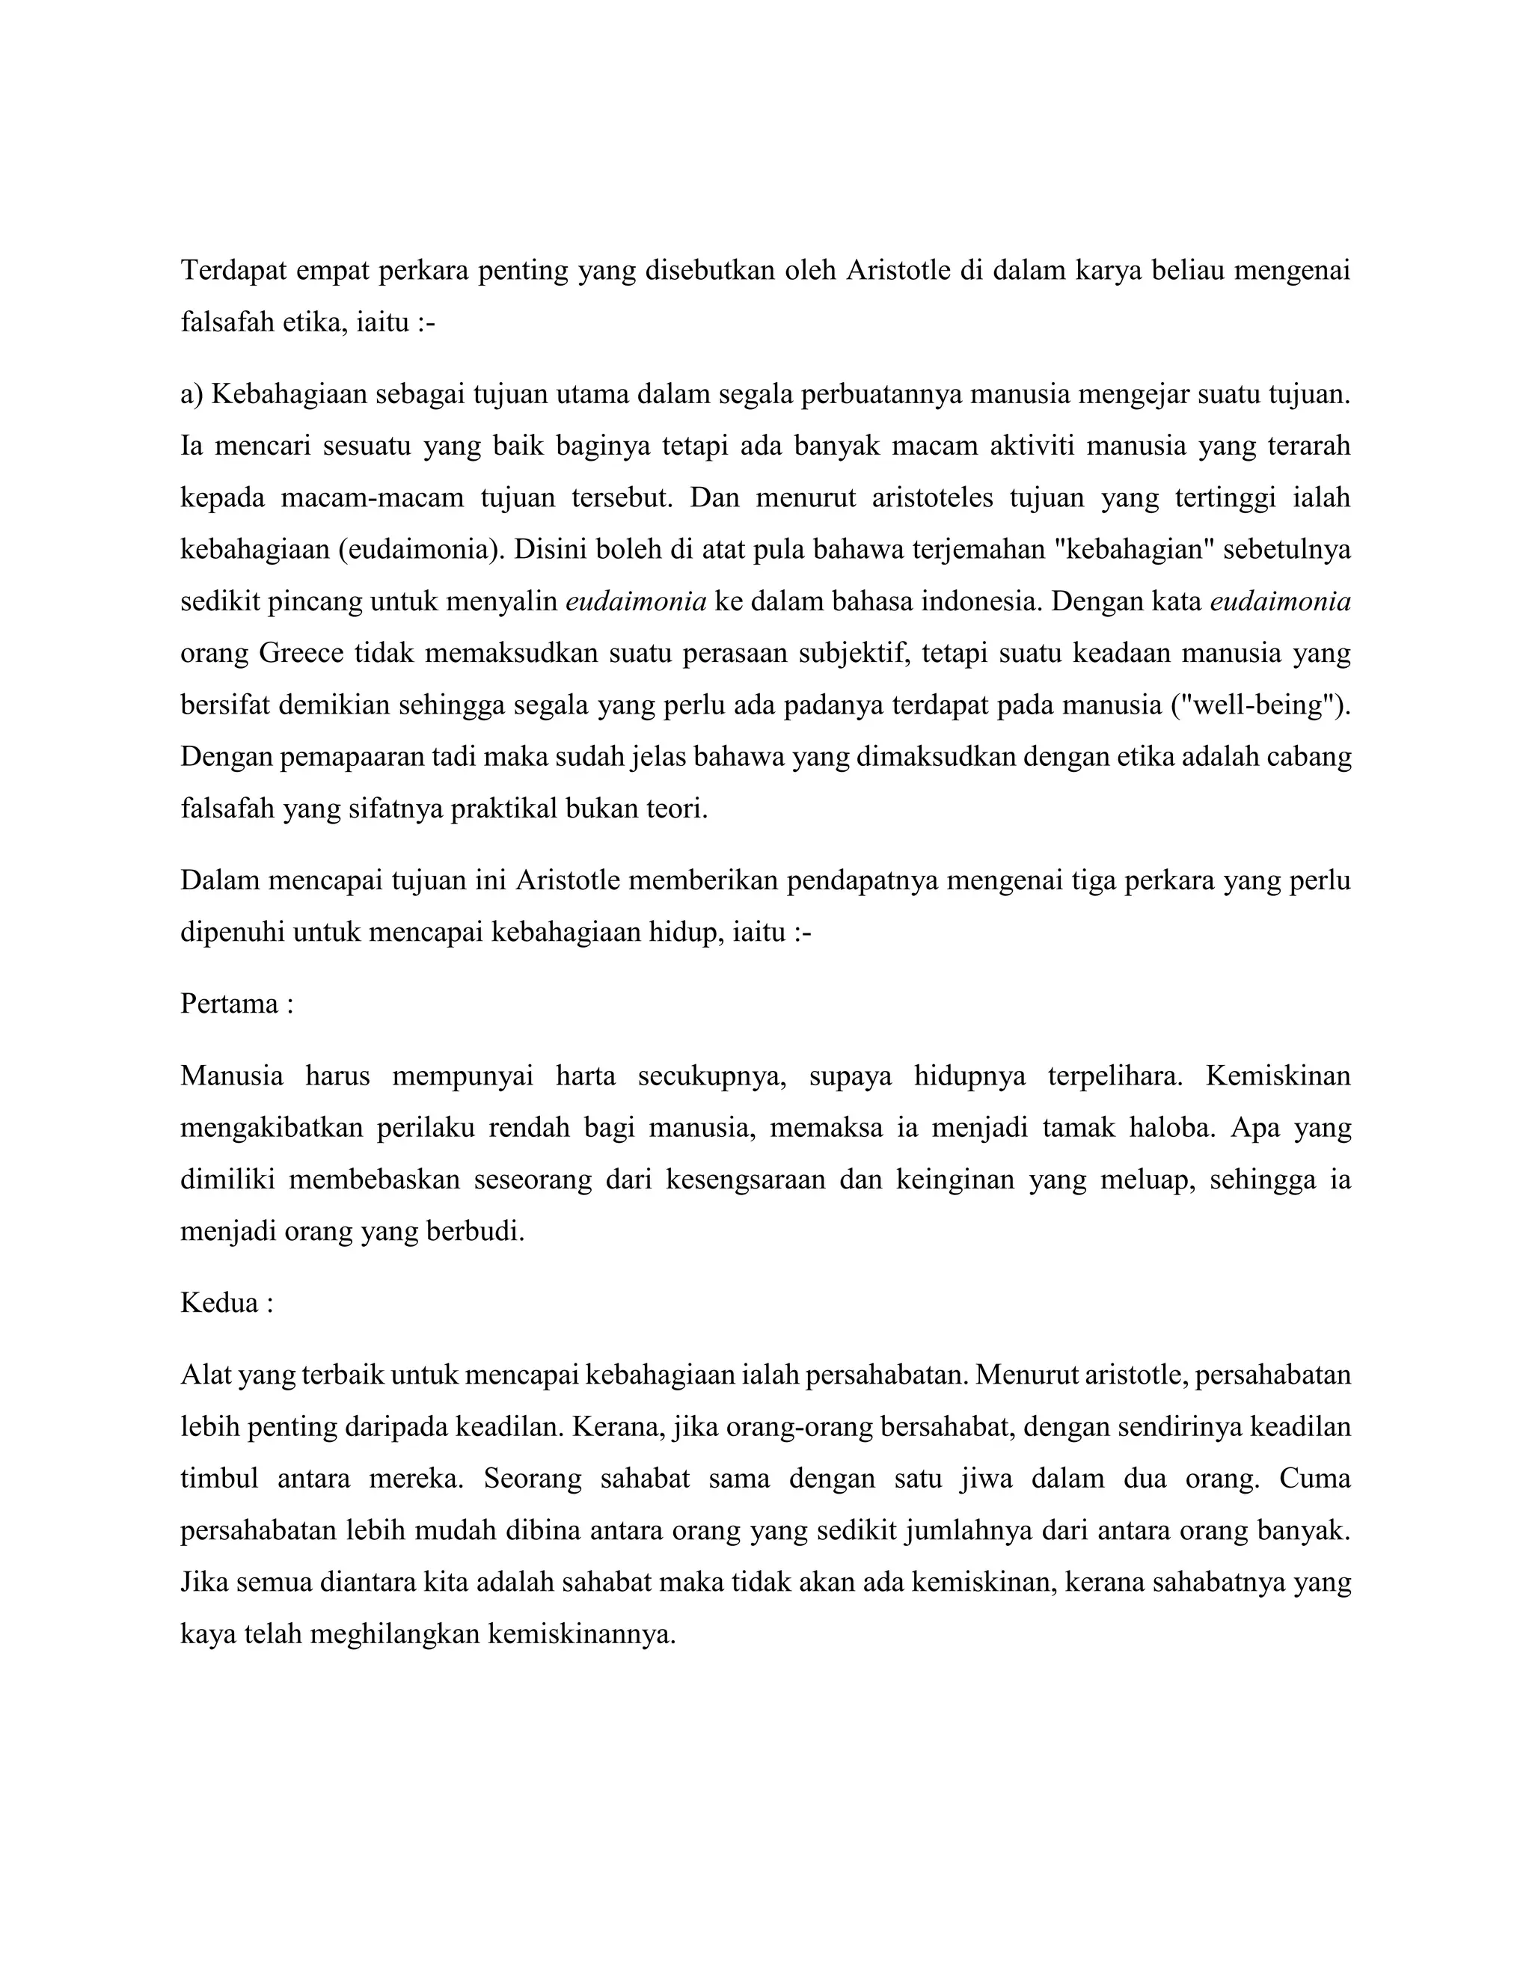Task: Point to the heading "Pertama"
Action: click(230, 1004)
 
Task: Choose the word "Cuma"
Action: click(1315, 1479)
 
